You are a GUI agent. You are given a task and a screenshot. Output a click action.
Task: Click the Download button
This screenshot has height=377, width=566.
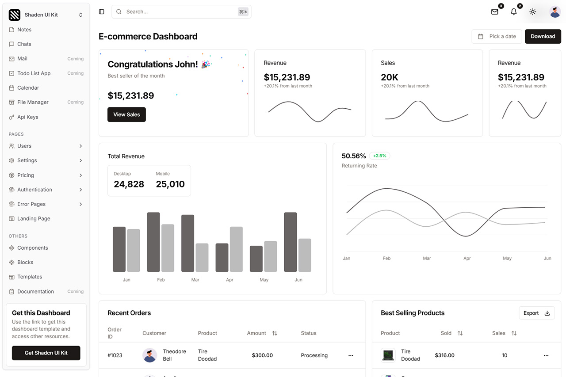coord(543,36)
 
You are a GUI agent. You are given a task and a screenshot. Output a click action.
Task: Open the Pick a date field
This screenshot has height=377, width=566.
coord(497,36)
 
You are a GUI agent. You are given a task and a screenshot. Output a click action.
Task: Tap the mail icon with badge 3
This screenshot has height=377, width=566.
coord(495,12)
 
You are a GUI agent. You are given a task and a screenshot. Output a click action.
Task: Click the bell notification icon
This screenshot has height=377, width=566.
coord(513,12)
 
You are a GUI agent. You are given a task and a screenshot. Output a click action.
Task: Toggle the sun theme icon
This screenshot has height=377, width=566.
coord(533,12)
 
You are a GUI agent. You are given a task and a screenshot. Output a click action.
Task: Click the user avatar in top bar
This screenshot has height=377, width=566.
coord(555,12)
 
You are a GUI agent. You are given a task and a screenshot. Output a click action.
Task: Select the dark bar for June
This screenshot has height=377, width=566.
coord(290,242)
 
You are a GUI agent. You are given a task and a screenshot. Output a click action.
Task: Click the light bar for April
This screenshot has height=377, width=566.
coord(236,249)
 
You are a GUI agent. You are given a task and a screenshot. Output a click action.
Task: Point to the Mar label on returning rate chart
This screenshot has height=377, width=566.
coord(427,258)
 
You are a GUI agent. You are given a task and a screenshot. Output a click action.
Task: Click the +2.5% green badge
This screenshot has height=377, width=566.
coord(379,156)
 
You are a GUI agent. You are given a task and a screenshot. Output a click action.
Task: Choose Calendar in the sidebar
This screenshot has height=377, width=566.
coord(28,88)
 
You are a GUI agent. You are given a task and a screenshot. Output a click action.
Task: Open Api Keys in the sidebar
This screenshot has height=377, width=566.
coord(27,117)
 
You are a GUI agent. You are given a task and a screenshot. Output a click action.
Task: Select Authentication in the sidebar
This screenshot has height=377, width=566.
coord(34,190)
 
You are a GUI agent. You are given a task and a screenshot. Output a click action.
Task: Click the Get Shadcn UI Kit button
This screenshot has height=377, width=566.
coord(46,353)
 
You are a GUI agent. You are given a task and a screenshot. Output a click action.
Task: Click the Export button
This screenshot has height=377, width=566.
coord(536,313)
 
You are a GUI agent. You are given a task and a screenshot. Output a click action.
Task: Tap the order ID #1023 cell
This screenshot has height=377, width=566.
coord(115,355)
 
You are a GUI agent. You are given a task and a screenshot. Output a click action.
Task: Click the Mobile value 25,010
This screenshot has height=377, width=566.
coord(170,184)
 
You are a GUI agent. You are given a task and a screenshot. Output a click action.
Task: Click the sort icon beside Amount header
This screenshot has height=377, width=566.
coord(275,333)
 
